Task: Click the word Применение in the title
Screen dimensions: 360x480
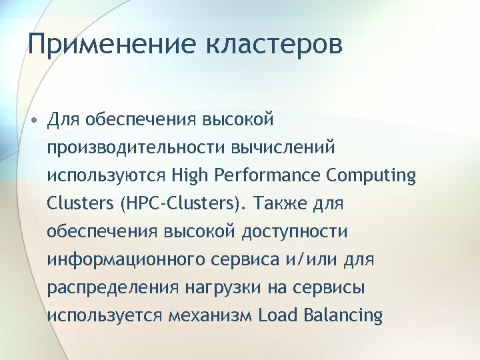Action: coord(112,45)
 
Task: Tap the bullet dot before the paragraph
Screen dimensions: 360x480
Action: coord(33,120)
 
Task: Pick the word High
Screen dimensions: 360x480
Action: coord(189,175)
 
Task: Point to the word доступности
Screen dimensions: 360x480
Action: coord(294,231)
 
